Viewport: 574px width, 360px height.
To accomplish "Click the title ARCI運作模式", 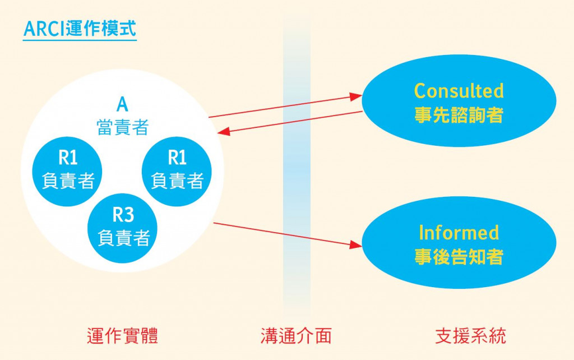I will point(80,28).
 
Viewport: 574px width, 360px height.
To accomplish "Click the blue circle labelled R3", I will point(123,227).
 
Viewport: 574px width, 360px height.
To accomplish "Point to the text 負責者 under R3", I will point(123,238).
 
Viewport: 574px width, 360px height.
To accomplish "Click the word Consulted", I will point(459,91).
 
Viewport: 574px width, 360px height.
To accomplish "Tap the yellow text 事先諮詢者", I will point(459,116).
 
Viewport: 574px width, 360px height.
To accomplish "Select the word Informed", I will point(459,232).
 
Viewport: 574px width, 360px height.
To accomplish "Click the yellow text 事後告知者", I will point(459,257).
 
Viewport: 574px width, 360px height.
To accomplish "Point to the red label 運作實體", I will point(122,335).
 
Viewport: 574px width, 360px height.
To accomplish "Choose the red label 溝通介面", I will point(296,335).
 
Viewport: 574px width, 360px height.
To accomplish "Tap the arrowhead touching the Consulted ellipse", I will point(355,96).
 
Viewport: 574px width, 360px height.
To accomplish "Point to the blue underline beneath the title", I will point(80,39).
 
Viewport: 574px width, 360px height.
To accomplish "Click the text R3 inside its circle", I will point(123,215).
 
